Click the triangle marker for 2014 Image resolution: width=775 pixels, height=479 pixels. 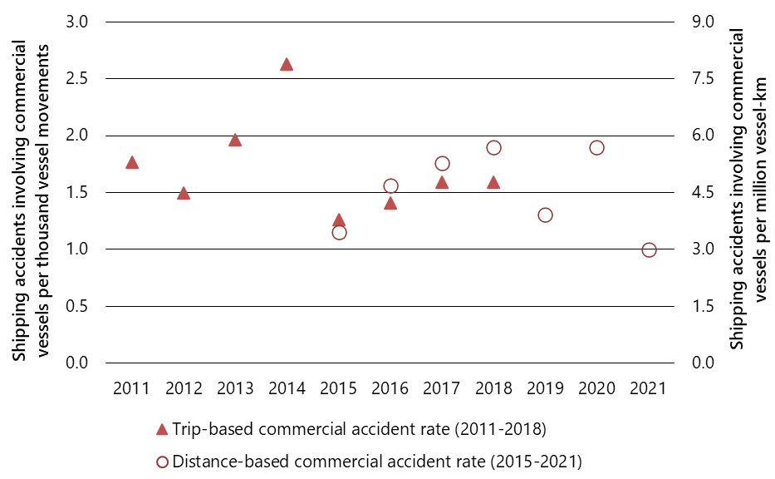click(287, 64)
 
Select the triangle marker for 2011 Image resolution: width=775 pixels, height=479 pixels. click(132, 162)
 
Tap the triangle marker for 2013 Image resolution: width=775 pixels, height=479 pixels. click(235, 140)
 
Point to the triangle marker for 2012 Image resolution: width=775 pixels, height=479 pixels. click(184, 193)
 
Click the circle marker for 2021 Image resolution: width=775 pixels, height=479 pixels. click(649, 250)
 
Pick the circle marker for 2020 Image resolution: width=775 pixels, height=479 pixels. click(596, 148)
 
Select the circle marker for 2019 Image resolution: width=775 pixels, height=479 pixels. click(545, 215)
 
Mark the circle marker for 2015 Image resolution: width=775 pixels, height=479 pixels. click(339, 233)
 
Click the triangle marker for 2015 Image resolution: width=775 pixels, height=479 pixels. click(338, 220)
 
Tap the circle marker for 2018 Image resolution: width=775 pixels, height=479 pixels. click(493, 148)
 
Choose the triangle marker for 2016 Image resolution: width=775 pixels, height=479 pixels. click(390, 203)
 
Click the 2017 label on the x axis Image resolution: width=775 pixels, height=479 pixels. click(441, 388)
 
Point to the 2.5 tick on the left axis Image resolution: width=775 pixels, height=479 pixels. click(77, 79)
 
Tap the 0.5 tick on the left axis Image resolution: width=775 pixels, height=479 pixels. click(77, 307)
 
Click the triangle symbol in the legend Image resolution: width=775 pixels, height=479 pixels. click(162, 429)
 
